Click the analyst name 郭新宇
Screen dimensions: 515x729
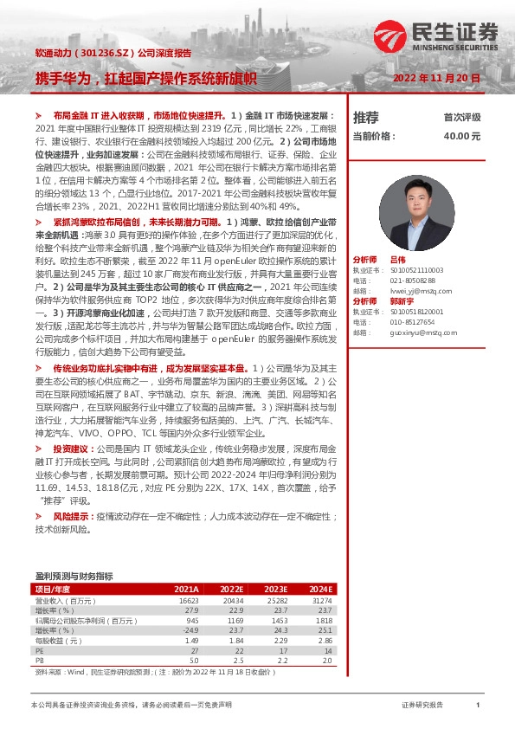(402, 303)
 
